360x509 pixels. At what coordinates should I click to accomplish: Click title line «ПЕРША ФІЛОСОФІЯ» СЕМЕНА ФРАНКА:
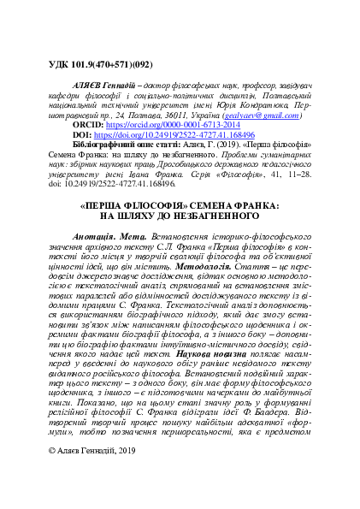[180, 231]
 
